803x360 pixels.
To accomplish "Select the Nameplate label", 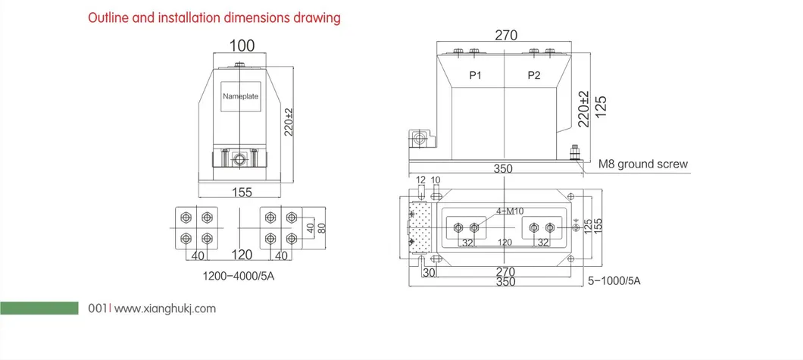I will coord(240,97).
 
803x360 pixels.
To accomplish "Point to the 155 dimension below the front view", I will coord(241,192).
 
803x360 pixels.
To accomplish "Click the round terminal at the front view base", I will coord(240,160).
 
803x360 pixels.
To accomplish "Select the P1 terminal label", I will coord(476,75).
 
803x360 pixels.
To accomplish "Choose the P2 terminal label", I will coord(534,75).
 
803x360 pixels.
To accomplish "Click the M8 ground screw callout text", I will coord(642,164).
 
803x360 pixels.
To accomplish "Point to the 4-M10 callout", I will coord(508,211).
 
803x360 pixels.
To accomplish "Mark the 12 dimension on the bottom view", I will coord(420,180).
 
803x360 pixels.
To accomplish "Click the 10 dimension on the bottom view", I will coord(436,180).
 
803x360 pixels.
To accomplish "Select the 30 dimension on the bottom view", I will coord(429,272).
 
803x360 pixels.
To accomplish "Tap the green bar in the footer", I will coord(39,308).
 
